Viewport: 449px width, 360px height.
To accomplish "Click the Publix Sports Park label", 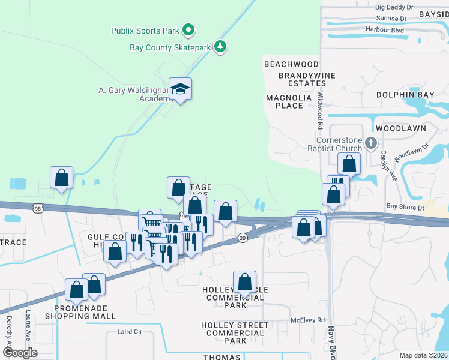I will [x=145, y=30].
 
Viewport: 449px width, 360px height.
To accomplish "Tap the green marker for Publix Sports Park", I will [x=188, y=29].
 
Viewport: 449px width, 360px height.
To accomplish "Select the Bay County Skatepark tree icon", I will [x=221, y=47].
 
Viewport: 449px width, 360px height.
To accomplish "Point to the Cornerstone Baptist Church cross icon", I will [x=371, y=143].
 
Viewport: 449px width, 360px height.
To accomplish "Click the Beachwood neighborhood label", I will [x=291, y=64].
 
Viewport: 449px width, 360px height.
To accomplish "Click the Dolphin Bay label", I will [x=405, y=95].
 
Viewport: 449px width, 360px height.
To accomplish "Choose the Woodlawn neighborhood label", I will [x=401, y=128].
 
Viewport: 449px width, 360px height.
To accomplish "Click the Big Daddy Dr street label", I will [x=394, y=7].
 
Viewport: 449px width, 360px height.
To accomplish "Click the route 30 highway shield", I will [x=242, y=238].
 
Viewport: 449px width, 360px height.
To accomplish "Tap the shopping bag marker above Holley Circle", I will [x=244, y=281].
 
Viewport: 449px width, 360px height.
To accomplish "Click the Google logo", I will [x=20, y=353].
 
